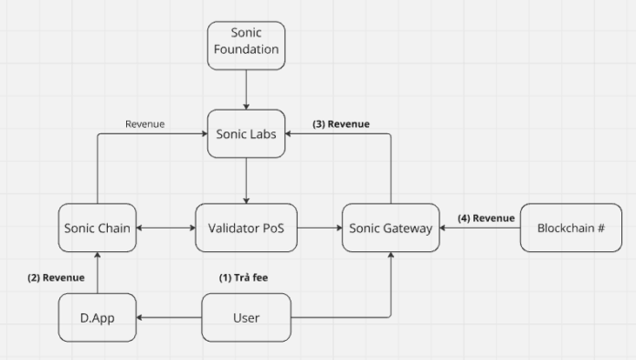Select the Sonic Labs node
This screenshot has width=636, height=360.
click(x=246, y=134)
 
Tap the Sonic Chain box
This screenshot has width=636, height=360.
click(x=99, y=228)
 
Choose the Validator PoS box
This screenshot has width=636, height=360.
click(x=246, y=228)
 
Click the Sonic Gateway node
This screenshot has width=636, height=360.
click(x=390, y=228)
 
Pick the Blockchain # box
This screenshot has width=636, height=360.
click(x=563, y=228)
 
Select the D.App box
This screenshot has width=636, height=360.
click(x=99, y=318)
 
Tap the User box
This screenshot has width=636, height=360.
click(x=246, y=318)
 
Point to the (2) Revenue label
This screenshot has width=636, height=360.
click(x=56, y=277)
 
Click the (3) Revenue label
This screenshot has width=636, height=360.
click(x=341, y=123)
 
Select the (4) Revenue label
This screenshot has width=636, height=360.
click(x=486, y=217)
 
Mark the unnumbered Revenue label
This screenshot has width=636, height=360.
click(x=144, y=123)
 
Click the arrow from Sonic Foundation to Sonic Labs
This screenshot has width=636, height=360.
click(x=246, y=90)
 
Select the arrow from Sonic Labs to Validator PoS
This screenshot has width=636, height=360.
click(x=246, y=180)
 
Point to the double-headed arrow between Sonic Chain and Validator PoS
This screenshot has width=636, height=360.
click(x=166, y=228)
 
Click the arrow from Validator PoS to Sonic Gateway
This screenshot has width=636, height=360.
click(x=319, y=228)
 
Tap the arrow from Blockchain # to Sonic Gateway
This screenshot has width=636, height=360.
click(x=479, y=228)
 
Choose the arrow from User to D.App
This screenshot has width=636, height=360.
click(x=169, y=318)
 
